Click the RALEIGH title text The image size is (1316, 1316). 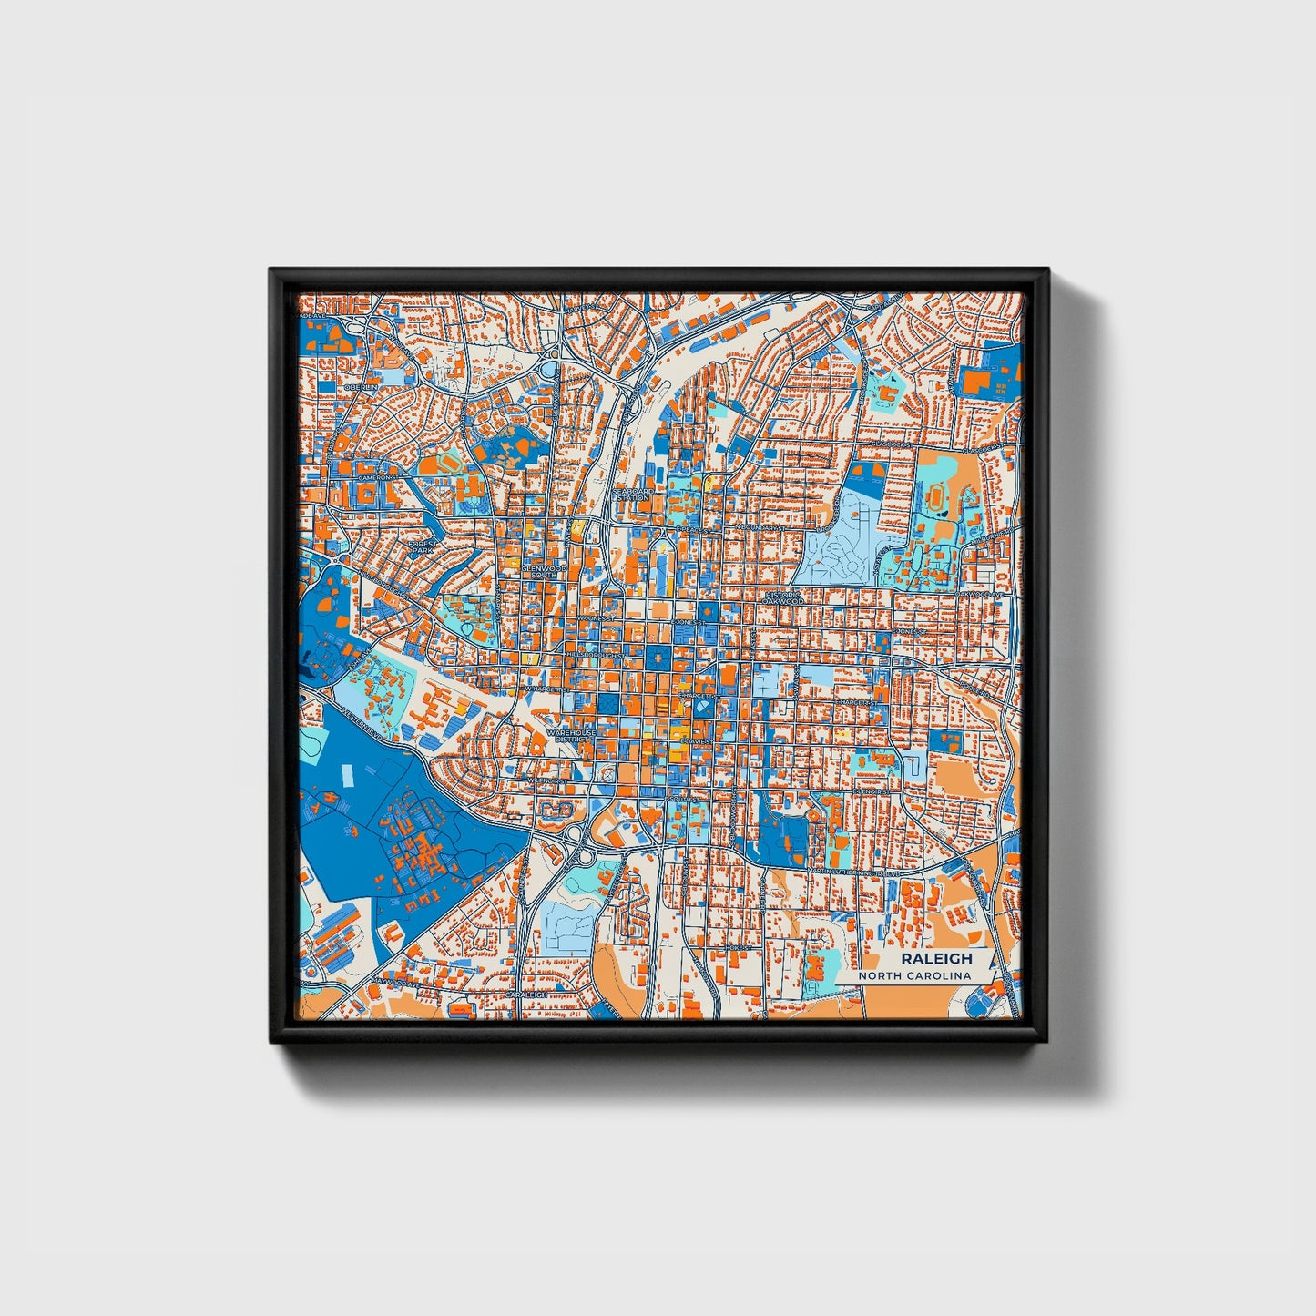tap(936, 958)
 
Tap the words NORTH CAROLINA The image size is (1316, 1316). tap(920, 976)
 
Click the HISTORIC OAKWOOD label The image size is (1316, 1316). tap(783, 597)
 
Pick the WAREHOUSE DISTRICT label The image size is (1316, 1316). tap(571, 736)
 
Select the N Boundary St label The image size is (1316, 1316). tap(761, 527)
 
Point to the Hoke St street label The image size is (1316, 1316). tap(736, 947)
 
